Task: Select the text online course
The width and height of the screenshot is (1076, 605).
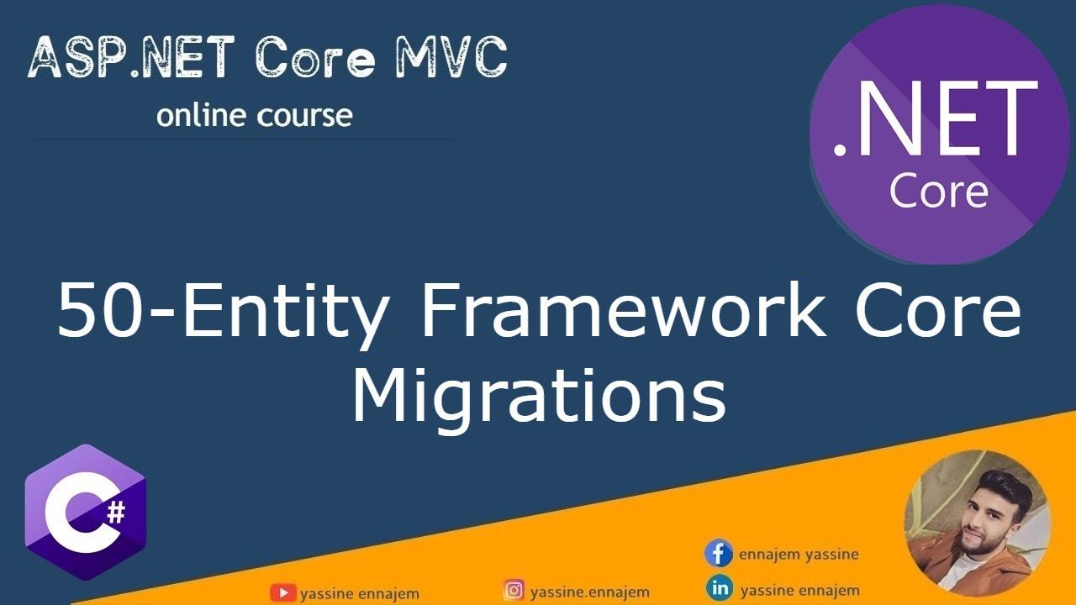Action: [x=254, y=116]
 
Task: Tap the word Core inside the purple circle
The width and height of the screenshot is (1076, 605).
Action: [x=938, y=192]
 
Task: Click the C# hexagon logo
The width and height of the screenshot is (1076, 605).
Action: [x=85, y=513]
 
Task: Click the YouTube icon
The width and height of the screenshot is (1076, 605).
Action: [x=282, y=592]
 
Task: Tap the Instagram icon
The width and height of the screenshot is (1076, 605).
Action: [x=514, y=591]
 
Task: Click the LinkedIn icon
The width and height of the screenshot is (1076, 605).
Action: [x=720, y=588]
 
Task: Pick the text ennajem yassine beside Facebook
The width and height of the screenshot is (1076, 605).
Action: [x=799, y=555]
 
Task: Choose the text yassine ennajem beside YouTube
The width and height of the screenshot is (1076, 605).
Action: [x=359, y=593]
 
